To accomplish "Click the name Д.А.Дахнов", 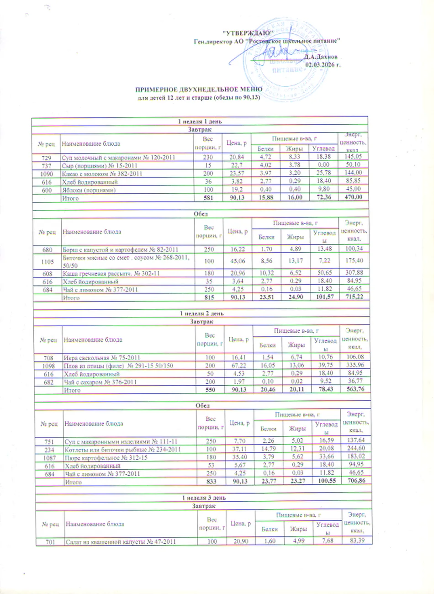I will coord(322,57).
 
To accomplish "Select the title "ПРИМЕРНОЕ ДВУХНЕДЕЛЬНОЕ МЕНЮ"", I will coord(199,89).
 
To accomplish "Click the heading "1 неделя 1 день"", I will coord(200,122).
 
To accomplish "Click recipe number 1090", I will coord(47,174).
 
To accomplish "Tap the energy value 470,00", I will coord(353,197).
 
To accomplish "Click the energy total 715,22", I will coord(354,297).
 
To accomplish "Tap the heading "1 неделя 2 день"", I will coord(201,313).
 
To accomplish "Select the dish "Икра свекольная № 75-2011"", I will coord(102,357).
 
